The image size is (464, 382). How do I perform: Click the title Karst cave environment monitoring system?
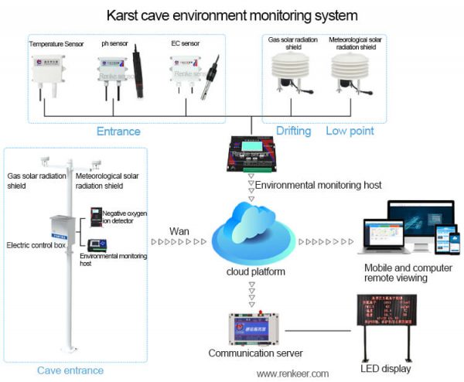[232, 14]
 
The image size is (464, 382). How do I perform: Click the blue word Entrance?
[118, 131]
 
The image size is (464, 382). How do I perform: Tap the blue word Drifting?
[293, 131]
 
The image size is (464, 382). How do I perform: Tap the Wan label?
[179, 230]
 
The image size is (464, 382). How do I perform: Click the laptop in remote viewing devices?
[384, 236]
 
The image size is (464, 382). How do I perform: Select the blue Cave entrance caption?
[70, 370]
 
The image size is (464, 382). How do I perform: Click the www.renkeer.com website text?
[292, 373]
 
